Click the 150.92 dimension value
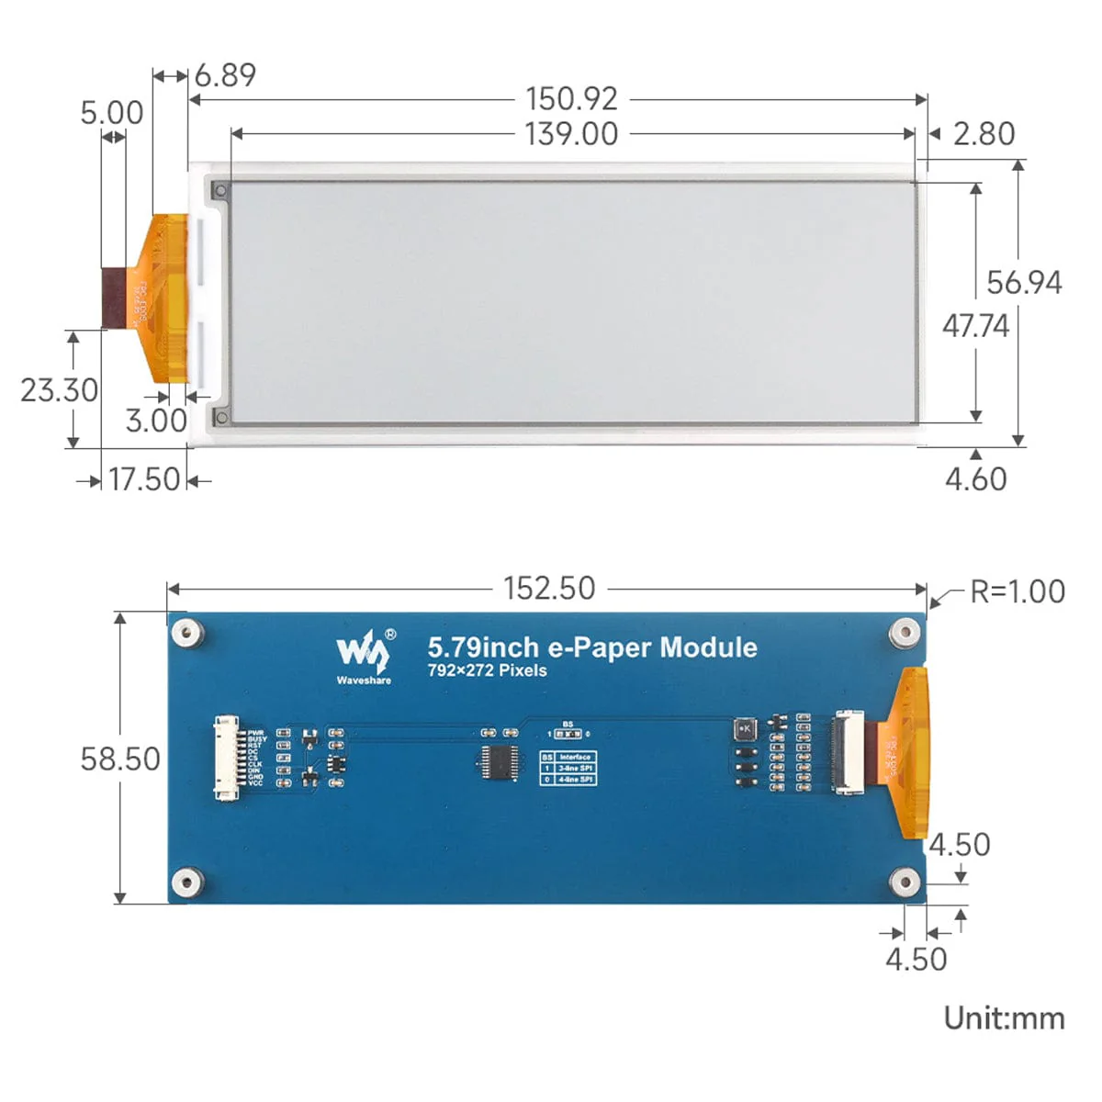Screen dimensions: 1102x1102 [x=571, y=98]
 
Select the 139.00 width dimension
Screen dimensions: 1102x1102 [x=571, y=134]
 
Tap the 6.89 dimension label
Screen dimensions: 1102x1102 [x=225, y=75]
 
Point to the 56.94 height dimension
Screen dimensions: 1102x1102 [x=1024, y=283]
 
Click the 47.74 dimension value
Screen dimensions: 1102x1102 [x=975, y=326]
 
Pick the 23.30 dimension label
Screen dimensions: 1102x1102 [x=59, y=390]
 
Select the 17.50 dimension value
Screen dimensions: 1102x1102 [x=144, y=479]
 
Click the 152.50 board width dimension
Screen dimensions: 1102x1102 [x=549, y=589]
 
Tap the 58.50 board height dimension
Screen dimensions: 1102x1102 [x=120, y=759]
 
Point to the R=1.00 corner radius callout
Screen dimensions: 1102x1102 [x=1018, y=591]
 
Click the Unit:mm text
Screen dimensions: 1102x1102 [x=1004, y=1018]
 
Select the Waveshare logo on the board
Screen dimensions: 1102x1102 [x=365, y=656]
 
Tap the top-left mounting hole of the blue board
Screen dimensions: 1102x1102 [x=187, y=632]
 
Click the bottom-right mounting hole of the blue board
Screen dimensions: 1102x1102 [x=905, y=883]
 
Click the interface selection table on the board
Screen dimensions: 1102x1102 [x=568, y=768]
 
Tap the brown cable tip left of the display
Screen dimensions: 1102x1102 [x=114, y=297]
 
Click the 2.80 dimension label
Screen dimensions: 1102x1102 [x=984, y=134]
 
